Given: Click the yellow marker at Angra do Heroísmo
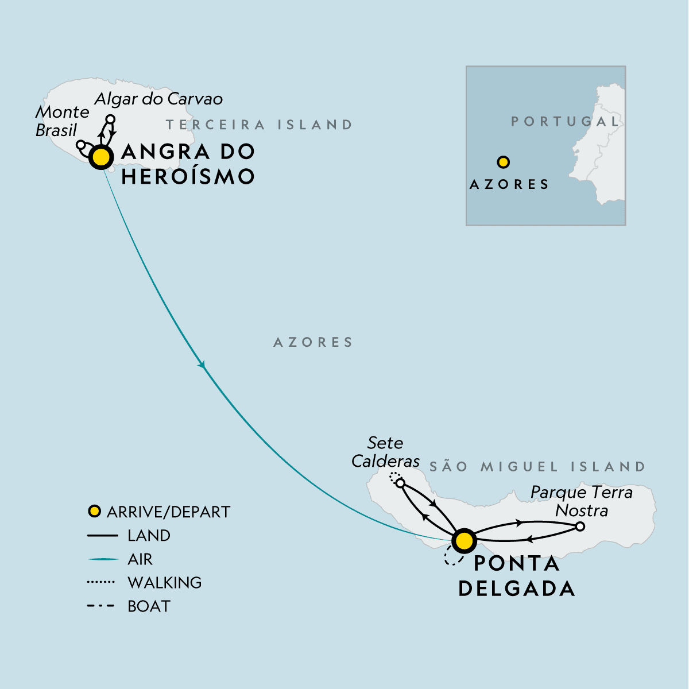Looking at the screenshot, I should tap(101, 157).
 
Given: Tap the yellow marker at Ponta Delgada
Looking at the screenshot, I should tap(464, 540).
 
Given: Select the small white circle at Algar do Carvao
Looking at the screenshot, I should tap(111, 119).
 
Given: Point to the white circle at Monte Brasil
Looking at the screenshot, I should tap(81, 145).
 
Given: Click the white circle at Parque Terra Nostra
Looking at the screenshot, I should tap(580, 526).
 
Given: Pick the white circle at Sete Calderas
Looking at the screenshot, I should tap(400, 483).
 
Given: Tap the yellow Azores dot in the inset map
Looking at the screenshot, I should tap(503, 162).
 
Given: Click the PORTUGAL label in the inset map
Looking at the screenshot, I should tap(566, 122).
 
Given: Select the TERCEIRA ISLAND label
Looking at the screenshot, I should tap(259, 125).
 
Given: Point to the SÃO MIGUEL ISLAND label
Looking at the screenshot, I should tap(537, 466).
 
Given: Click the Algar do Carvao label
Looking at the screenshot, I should tap(158, 99).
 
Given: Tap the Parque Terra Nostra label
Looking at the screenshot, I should tap(581, 501).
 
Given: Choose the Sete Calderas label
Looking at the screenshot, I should tap(385, 452).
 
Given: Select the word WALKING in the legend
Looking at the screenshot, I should tap(165, 582).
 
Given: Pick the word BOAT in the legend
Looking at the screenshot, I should tap(149, 606).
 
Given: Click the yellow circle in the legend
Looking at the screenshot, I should tap(94, 511).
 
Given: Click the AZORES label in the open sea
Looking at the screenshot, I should tap(313, 342).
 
